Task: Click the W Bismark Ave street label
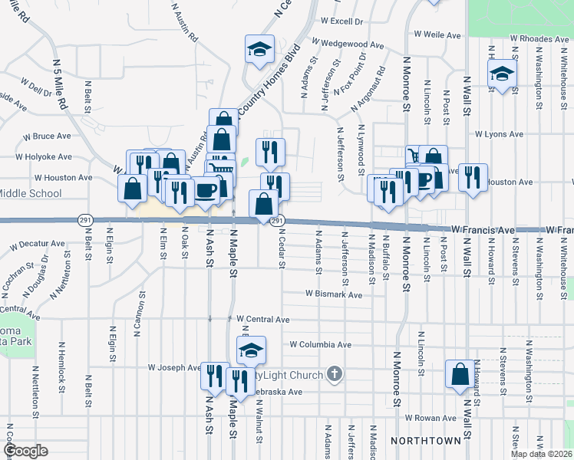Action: [x=333, y=294]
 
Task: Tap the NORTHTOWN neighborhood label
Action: [x=426, y=441]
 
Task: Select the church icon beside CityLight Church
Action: [x=333, y=374]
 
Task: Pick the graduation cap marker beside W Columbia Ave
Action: [x=251, y=350]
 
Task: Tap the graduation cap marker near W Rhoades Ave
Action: [x=502, y=74]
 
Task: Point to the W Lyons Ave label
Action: [x=499, y=134]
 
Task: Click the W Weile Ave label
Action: [x=437, y=34]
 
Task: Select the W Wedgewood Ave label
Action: [x=348, y=45]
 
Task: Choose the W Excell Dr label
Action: [x=341, y=21]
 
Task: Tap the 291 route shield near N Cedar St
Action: [x=278, y=221]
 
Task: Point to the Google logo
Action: [x=25, y=451]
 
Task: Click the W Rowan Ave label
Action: [x=431, y=418]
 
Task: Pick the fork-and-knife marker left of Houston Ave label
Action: [x=473, y=178]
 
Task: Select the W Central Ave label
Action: [x=262, y=319]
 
